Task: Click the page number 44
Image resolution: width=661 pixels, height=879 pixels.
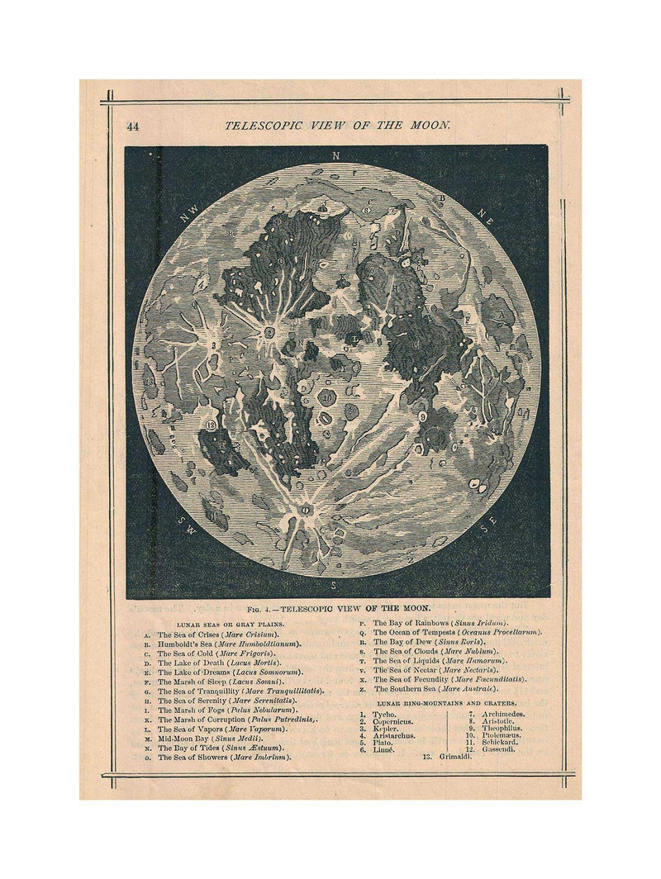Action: point(132,126)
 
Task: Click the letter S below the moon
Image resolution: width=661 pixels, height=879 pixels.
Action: point(334,585)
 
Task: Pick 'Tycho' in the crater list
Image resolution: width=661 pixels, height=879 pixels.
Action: point(384,714)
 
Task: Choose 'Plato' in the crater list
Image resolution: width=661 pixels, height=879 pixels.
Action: point(383,742)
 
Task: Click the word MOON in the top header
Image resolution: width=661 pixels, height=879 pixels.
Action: point(430,126)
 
